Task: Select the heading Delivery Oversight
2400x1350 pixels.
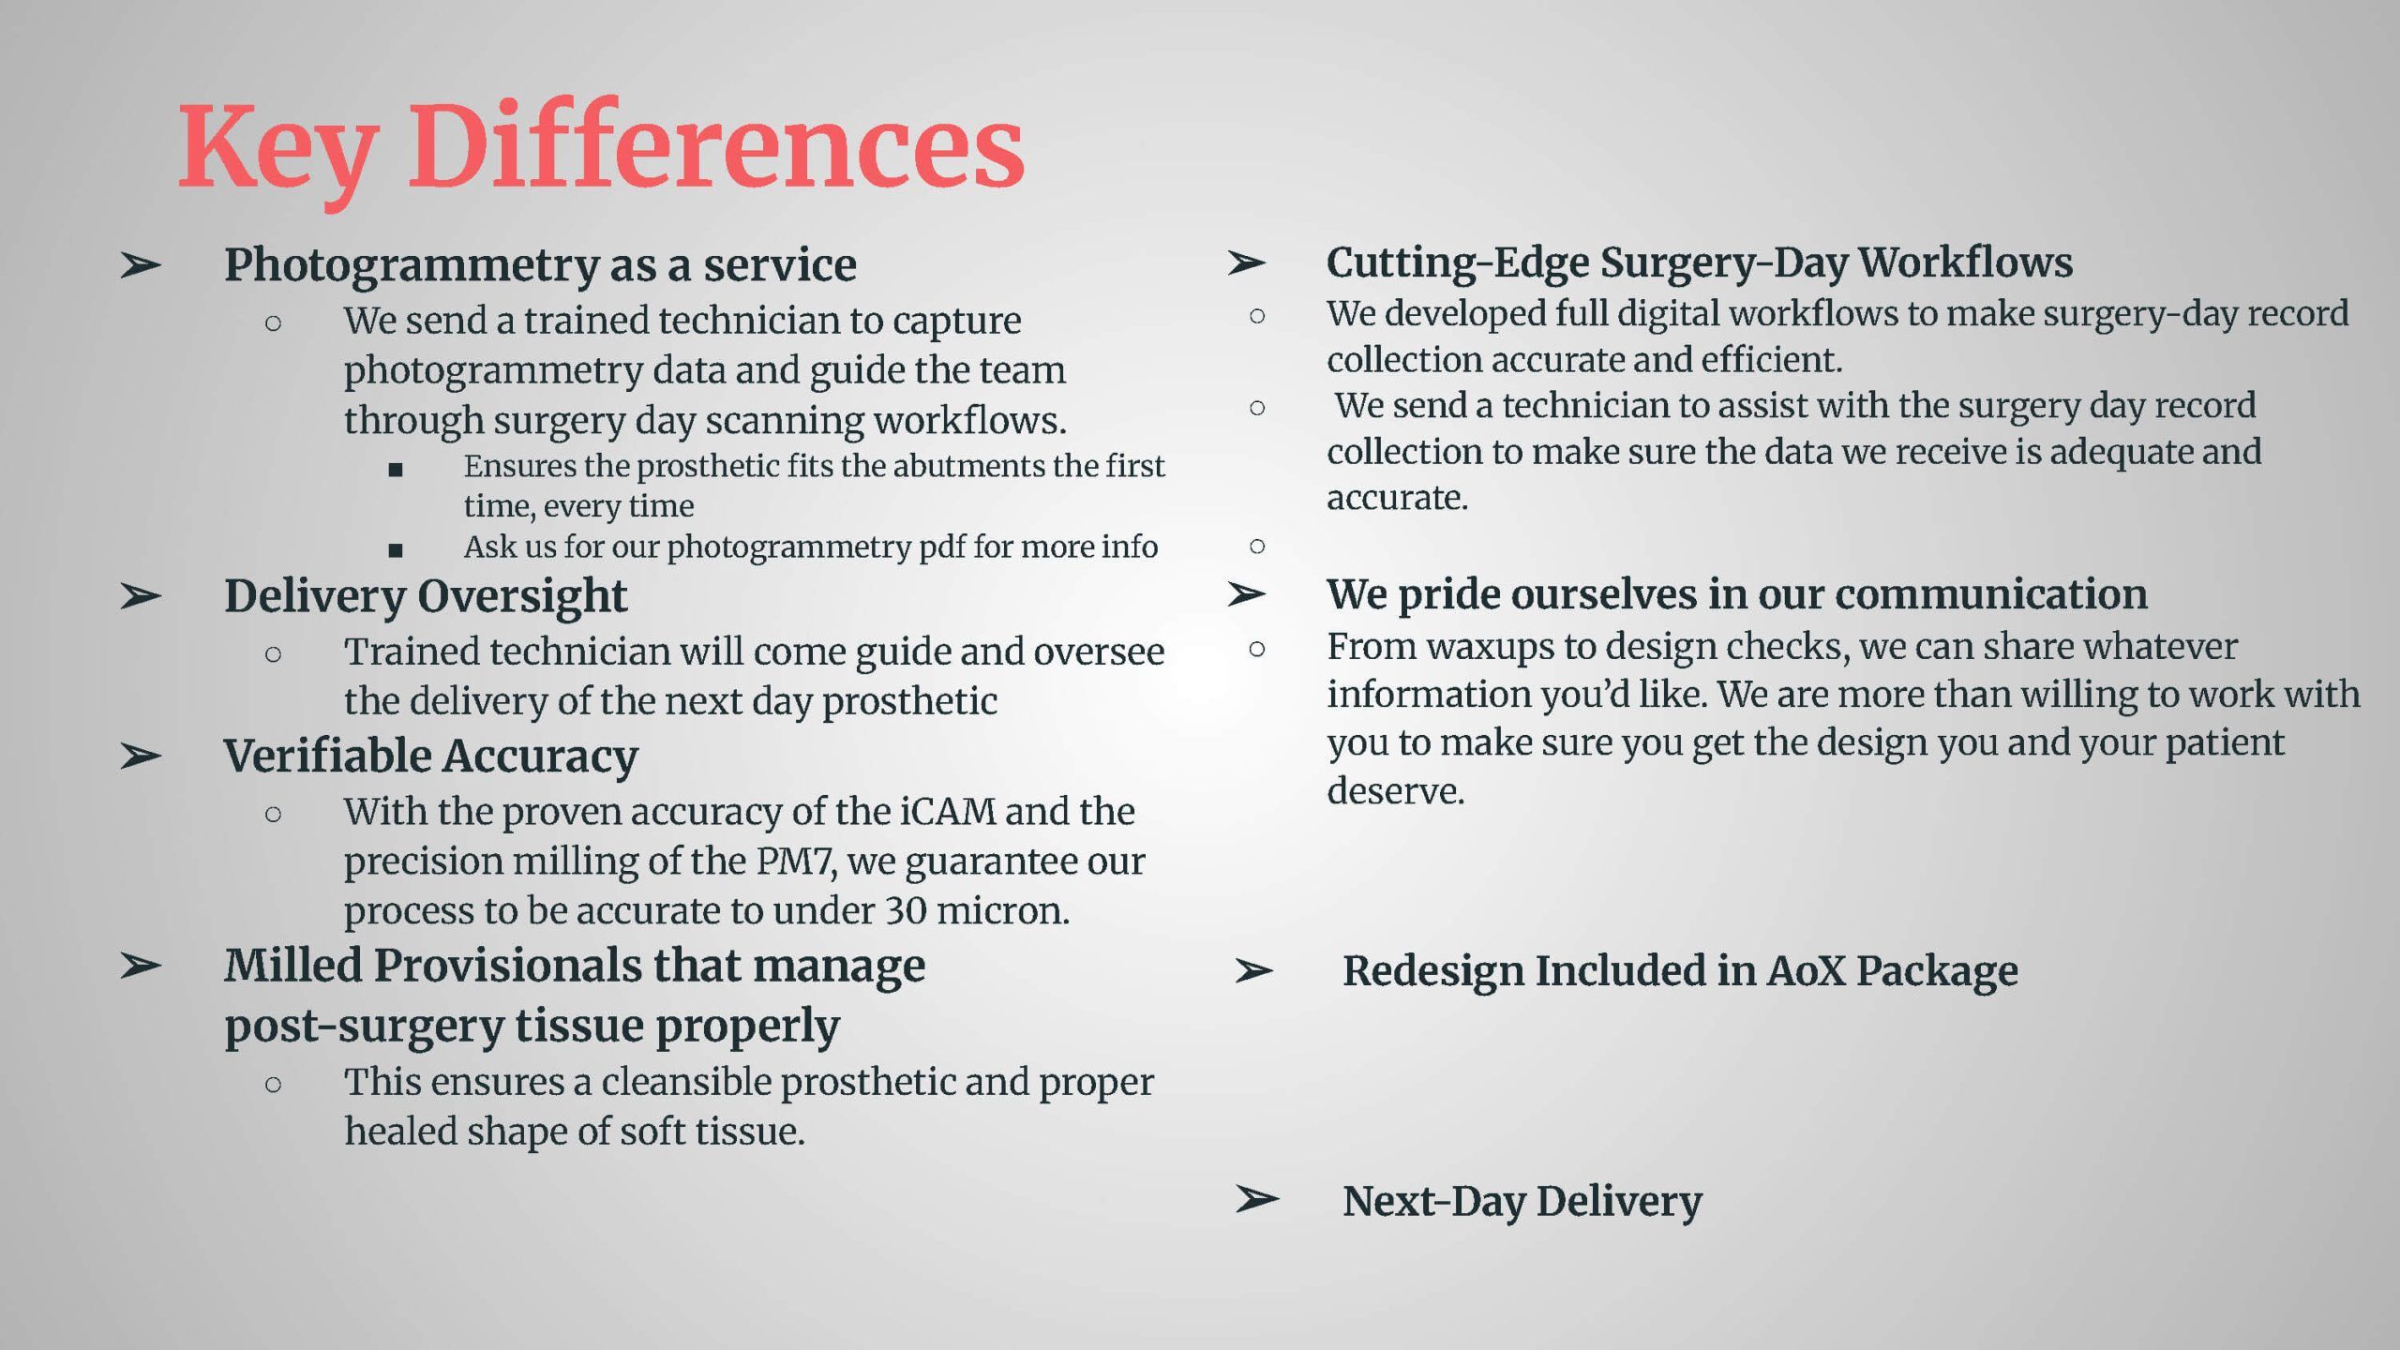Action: click(426, 597)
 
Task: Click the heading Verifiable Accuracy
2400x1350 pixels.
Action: click(431, 757)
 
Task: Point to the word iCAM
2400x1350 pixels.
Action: click(947, 812)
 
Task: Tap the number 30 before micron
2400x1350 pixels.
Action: click(906, 911)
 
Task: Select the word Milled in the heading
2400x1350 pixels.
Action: click(292, 966)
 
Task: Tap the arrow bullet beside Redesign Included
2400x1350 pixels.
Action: click(1253, 971)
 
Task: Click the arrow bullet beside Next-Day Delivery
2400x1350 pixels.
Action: click(1256, 1199)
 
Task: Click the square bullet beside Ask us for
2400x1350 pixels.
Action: click(396, 550)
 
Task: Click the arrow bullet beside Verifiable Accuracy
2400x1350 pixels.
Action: click(141, 756)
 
